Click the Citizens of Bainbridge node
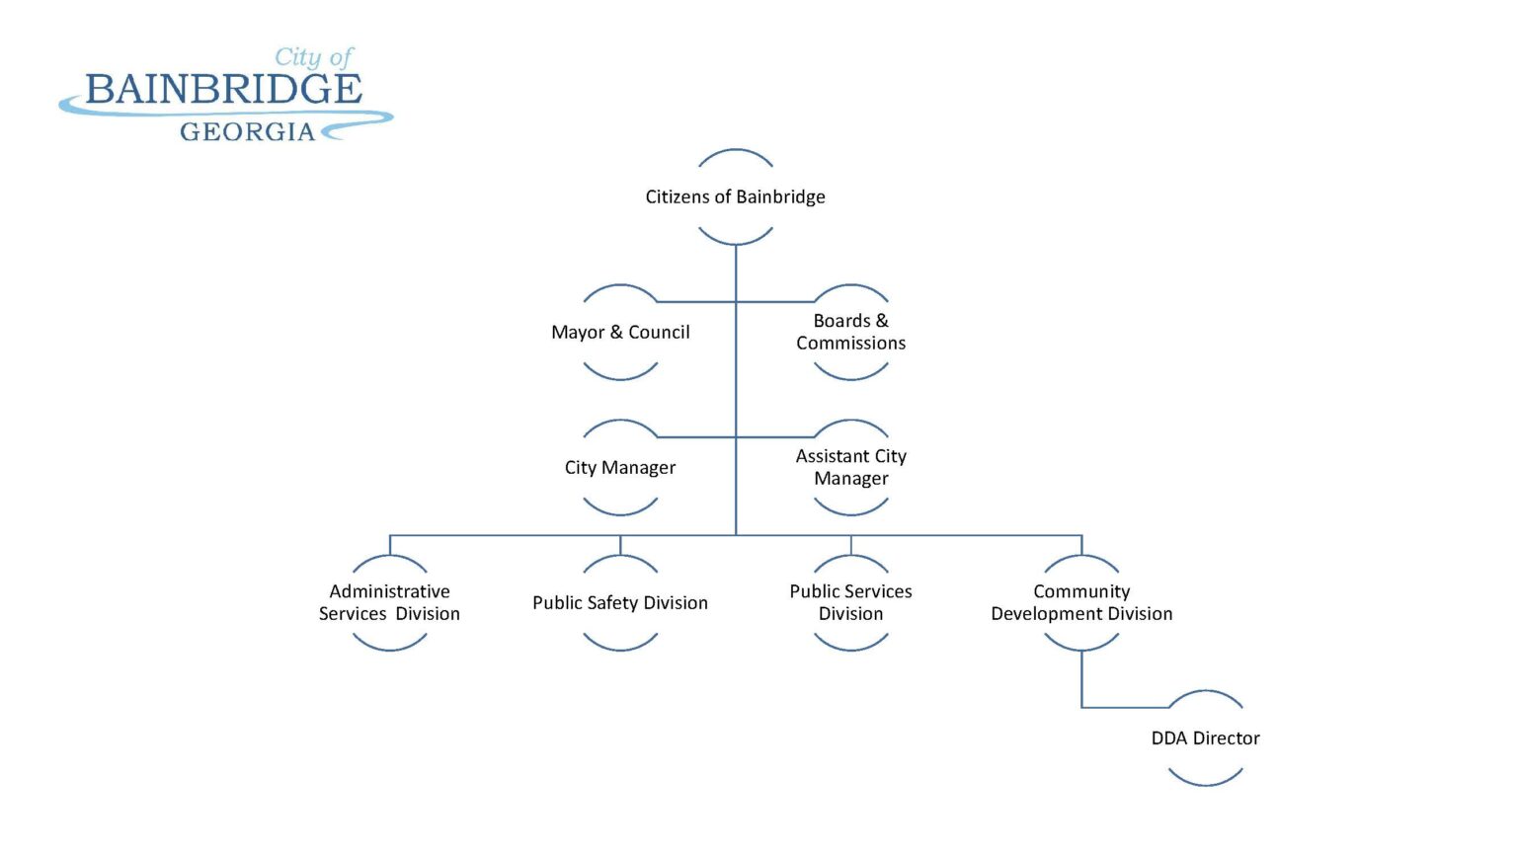[x=735, y=196]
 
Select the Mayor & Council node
[x=620, y=332]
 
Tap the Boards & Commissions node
[x=850, y=332]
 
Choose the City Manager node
[x=620, y=467]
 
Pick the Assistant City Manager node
[x=850, y=467]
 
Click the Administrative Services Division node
[x=389, y=602]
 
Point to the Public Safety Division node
[x=620, y=602]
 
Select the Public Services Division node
[x=850, y=602]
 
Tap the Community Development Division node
[x=1081, y=602]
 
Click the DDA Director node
[x=1205, y=737]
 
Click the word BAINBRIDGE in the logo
[x=223, y=90]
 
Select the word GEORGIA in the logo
[x=247, y=131]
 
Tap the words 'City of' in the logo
[x=313, y=57]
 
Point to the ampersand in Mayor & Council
[x=616, y=332]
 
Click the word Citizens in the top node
[x=677, y=196]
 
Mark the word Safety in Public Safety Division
[x=612, y=602]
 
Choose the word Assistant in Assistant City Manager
[x=833, y=456]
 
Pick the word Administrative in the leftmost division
[x=389, y=591]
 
